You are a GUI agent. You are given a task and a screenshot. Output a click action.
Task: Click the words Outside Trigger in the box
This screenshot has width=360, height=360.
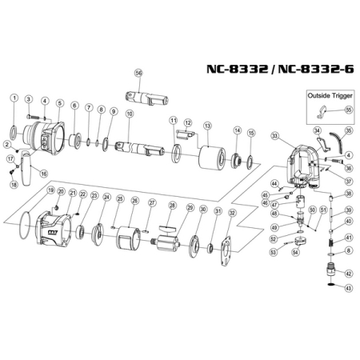pyautogui.click(x=329, y=94)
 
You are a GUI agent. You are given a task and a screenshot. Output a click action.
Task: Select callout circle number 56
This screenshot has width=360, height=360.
pyautogui.click(x=138, y=73)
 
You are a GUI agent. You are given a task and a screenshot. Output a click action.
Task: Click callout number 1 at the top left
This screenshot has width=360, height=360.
pyautogui.click(x=14, y=98)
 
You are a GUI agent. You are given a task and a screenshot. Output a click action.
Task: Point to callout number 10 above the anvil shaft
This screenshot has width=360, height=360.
pyautogui.click(x=130, y=114)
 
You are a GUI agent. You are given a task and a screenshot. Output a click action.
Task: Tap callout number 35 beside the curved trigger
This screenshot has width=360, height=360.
pyautogui.click(x=348, y=130)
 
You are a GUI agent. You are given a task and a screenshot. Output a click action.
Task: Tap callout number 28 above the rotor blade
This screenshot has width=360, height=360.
pyautogui.click(x=170, y=206)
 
